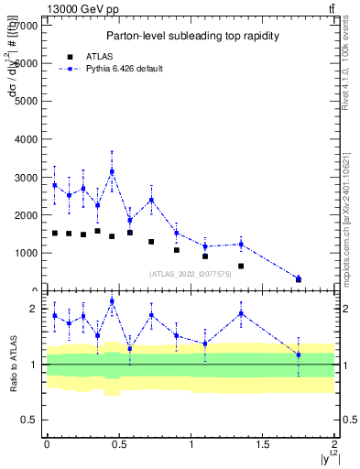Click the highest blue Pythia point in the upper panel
pos(112,171)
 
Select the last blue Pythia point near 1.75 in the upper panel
pos(299,278)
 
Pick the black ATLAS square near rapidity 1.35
pos(241,266)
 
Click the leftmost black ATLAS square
pos(55,233)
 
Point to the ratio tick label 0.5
pos(30,420)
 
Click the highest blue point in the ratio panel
pos(112,301)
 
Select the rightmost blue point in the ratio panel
pos(299,354)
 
